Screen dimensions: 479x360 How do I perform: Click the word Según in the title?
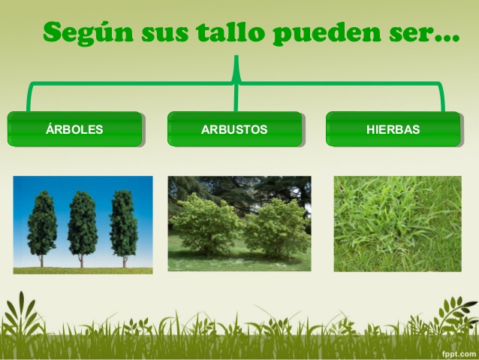pos(89,33)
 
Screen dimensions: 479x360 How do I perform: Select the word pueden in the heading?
pos(327,34)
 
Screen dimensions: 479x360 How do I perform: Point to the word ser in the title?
pos(410,35)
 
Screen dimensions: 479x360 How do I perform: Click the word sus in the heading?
pos(164,35)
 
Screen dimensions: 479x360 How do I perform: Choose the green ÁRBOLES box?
pos(75,129)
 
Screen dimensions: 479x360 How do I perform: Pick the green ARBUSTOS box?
pos(234,129)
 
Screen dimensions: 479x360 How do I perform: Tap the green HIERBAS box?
pos(393,129)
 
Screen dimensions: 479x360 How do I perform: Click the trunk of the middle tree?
pos(82,261)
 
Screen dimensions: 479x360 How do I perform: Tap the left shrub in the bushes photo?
pos(206,224)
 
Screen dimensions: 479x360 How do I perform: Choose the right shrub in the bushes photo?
pos(277,228)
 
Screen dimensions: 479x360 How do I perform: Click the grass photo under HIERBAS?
pos(397,223)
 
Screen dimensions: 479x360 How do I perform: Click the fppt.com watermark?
pos(459,353)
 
